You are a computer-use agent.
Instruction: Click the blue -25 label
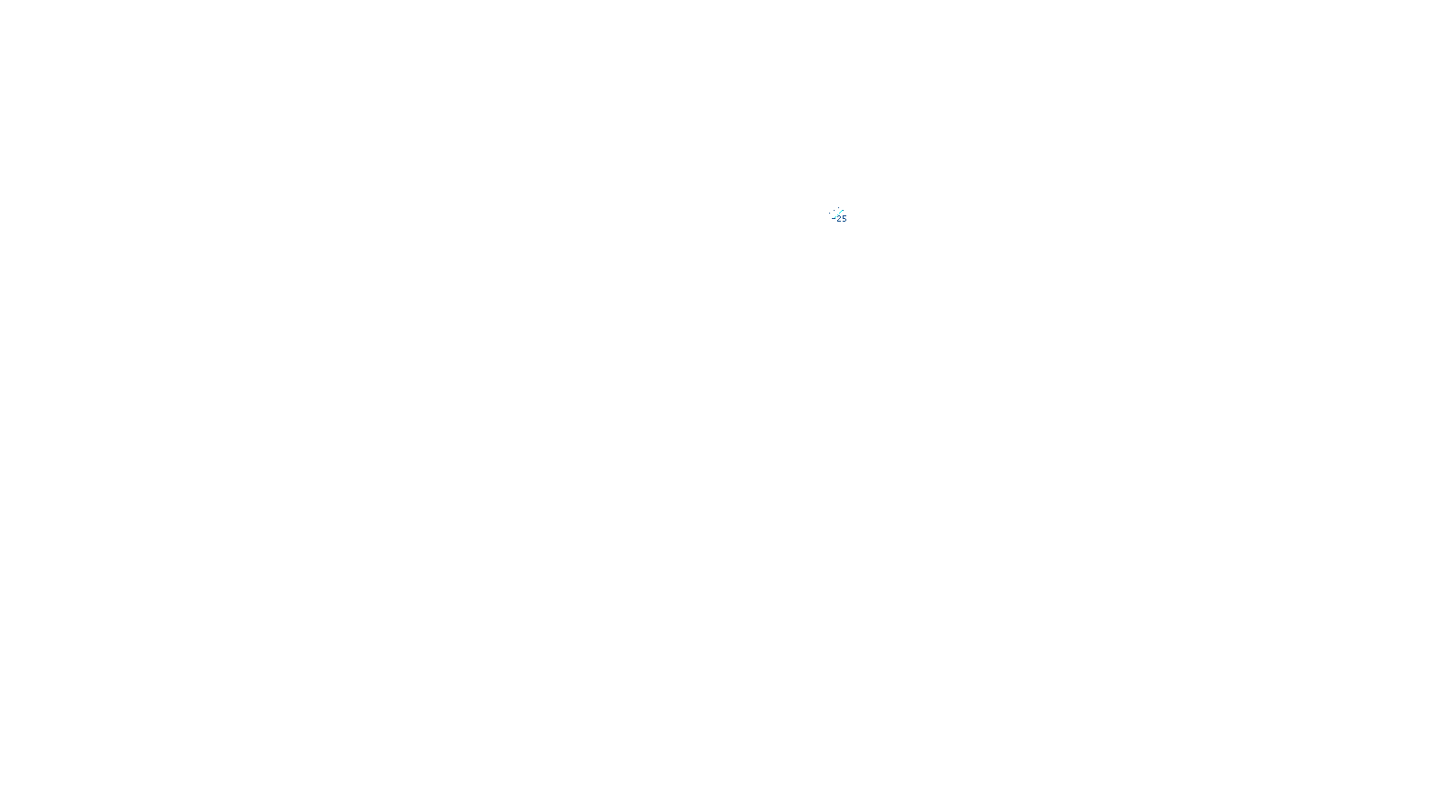[x=840, y=218]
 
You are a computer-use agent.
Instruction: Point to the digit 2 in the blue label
[x=839, y=219]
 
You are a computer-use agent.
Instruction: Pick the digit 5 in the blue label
[x=844, y=219]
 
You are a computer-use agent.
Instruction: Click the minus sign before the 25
[x=834, y=218]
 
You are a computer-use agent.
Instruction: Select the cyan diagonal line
[x=837, y=214]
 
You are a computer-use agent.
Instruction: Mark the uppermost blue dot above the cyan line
[x=838, y=208]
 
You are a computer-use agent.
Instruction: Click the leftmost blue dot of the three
[x=829, y=214]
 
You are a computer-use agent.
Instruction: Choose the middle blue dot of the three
[x=834, y=211]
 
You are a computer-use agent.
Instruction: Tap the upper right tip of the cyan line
[x=843, y=210]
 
